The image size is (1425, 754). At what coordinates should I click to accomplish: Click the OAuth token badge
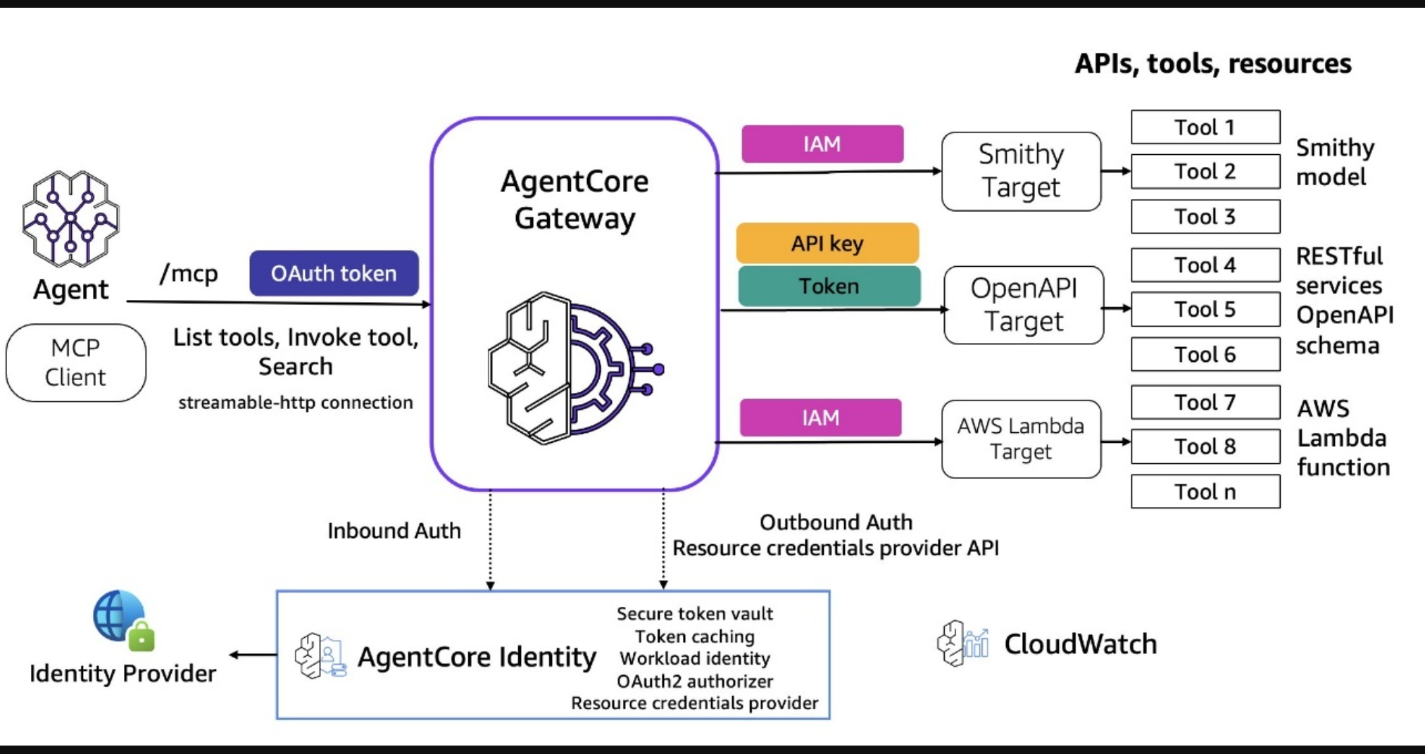pos(334,273)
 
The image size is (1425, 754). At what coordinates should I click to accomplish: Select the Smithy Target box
pos(1021,171)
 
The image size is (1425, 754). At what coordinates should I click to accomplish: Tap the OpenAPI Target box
pos(1024,305)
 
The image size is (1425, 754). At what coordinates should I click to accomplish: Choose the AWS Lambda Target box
pos(1021,439)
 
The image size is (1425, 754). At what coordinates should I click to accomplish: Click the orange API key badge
pos(827,244)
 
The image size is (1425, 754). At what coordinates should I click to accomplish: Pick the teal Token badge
pos(829,287)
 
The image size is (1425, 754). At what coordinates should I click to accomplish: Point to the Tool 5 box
pos(1205,309)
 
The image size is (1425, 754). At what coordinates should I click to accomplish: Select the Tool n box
pos(1205,491)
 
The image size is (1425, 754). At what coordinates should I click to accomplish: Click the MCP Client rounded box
pos(76,363)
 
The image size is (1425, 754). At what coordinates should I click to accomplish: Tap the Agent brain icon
pos(70,218)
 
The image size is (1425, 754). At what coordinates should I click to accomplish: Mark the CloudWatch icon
pos(962,643)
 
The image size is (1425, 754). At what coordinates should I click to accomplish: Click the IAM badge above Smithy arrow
pos(822,144)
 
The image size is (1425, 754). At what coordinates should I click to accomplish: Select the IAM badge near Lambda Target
pos(820,418)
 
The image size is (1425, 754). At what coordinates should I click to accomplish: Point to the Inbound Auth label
pos(394,531)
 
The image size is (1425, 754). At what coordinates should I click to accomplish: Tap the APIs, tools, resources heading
pos(1212,64)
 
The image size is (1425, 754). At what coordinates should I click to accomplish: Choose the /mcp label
pos(189,273)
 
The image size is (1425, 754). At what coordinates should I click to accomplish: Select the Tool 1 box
pos(1205,127)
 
